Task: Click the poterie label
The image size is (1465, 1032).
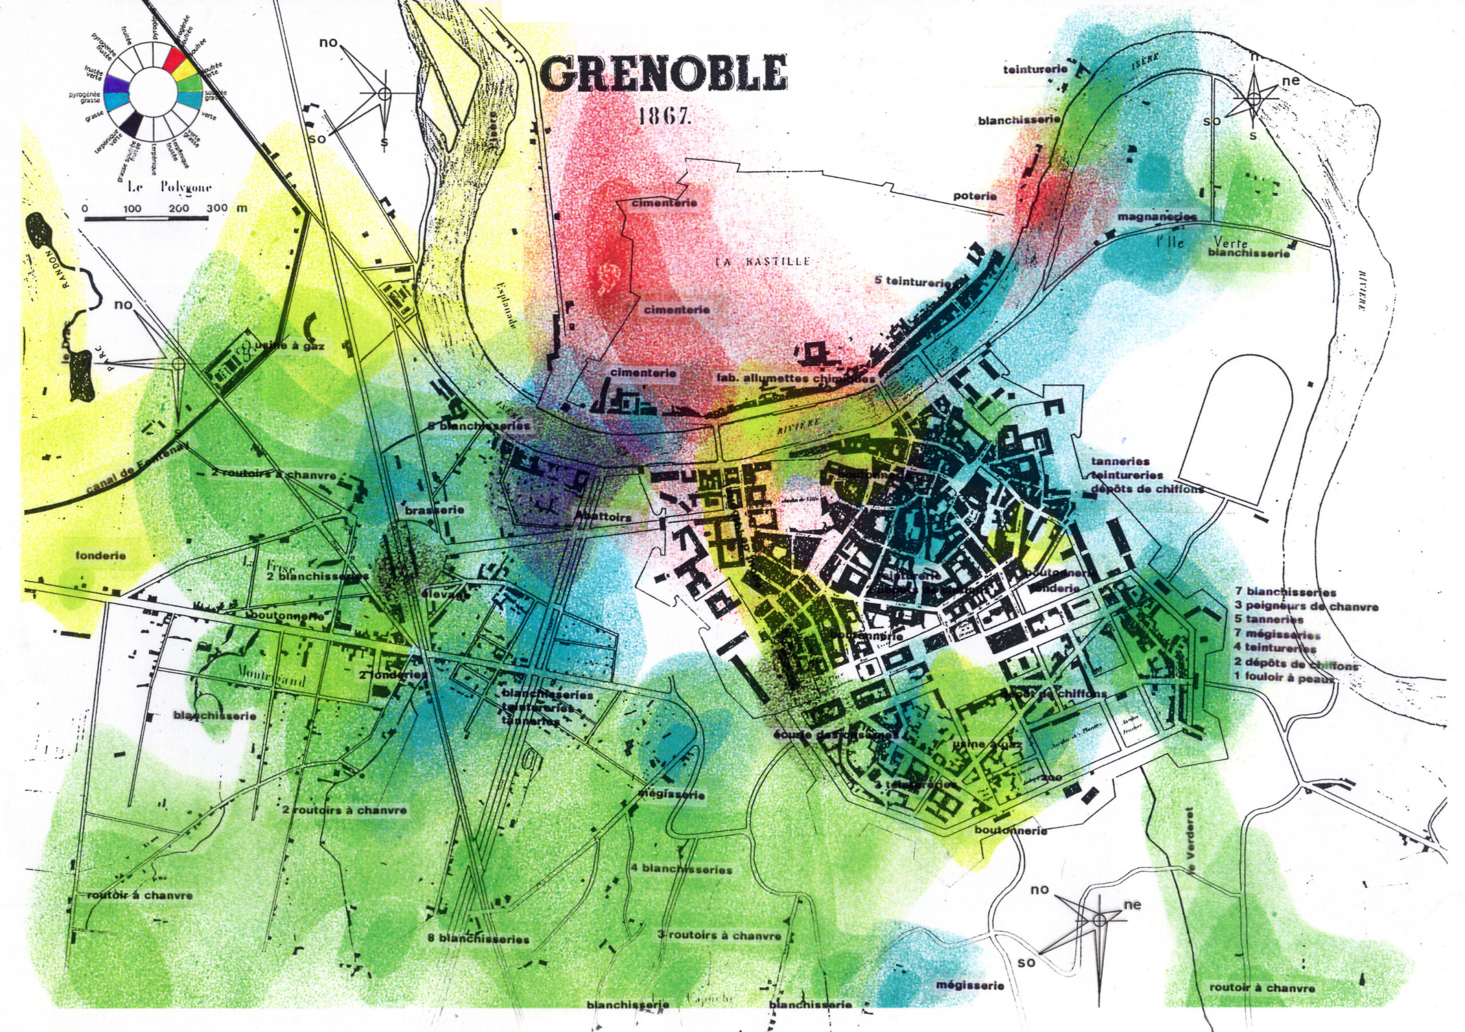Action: [x=975, y=196]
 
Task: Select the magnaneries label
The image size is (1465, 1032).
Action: [x=1156, y=217]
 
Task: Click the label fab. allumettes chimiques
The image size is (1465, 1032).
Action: [x=795, y=378]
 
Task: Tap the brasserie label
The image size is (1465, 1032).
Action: [x=434, y=511]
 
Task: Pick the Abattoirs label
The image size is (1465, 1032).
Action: [x=603, y=516]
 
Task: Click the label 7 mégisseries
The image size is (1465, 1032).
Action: [x=1277, y=634]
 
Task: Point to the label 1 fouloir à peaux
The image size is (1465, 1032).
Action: [x=1284, y=679]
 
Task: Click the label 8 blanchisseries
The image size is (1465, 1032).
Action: [x=478, y=939]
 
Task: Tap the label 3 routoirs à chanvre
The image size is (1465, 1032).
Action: [x=719, y=936]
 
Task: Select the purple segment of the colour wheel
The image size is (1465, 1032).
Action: [x=117, y=84]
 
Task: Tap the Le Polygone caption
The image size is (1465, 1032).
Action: [x=169, y=188]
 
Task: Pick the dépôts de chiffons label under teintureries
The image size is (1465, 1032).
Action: [x=1147, y=489]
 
